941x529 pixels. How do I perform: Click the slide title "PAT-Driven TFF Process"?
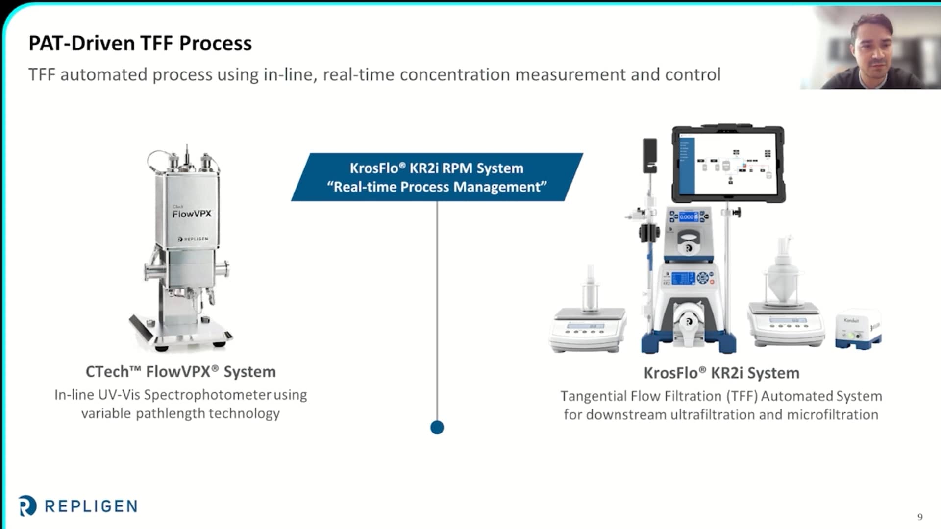point(140,43)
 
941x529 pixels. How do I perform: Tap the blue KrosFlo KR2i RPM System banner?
point(437,177)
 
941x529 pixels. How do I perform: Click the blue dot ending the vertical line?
point(437,428)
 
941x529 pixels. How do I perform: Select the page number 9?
point(920,517)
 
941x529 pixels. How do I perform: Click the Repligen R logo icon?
point(27,506)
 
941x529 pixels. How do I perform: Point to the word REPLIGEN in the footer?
point(91,506)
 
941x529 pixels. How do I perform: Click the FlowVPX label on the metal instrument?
point(192,214)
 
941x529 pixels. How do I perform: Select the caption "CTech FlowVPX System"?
point(180,372)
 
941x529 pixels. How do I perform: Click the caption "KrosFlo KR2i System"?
point(721,373)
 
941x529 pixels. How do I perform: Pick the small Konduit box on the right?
point(858,329)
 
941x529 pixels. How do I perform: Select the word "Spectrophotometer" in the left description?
point(208,395)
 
